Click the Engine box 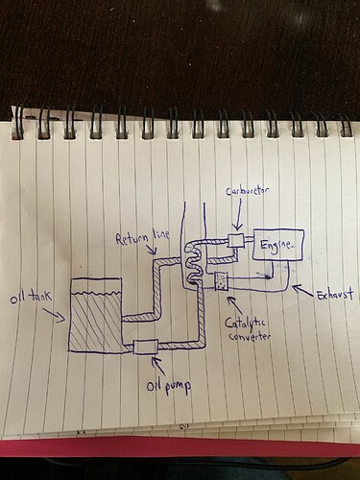278,245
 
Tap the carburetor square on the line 237,240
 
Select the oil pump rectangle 145,347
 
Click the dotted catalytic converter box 221,281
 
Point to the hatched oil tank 96,315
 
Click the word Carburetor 247,191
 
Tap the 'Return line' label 142,237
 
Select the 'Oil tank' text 31,298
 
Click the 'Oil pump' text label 169,387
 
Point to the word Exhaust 335,294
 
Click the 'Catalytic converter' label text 248,329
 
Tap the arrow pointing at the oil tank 55,315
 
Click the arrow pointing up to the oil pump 158,366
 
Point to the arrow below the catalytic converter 234,304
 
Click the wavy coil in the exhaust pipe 193,263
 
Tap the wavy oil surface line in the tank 96,293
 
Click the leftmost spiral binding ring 16,122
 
